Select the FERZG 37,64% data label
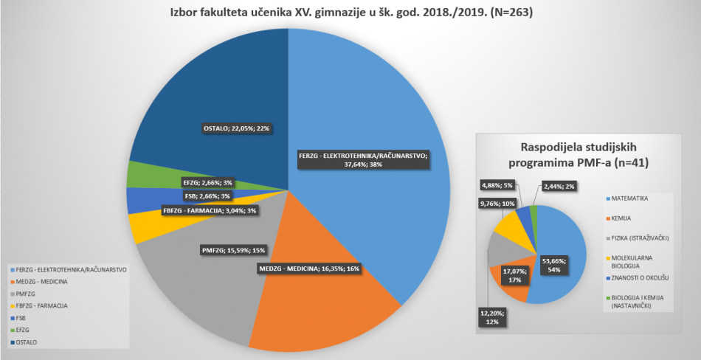tap(362, 160)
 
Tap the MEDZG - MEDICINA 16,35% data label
tap(308, 268)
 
